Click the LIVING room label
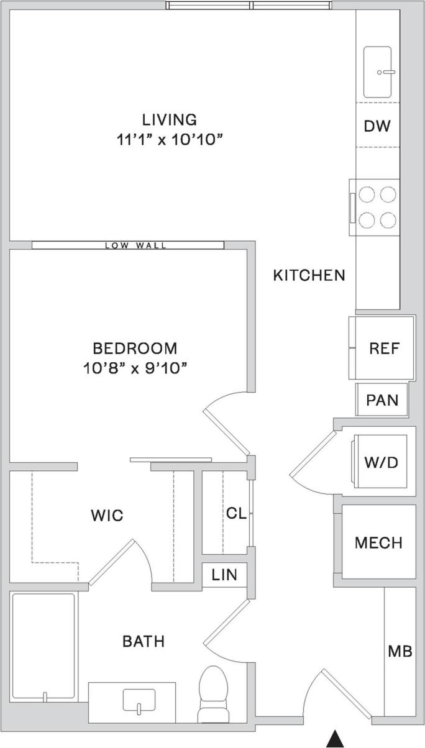point(169,119)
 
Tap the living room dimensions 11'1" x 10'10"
point(169,140)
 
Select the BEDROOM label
point(135,348)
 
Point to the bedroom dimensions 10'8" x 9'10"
point(135,368)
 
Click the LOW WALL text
point(135,245)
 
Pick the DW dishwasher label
point(377,126)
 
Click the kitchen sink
point(377,71)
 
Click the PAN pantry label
point(382,399)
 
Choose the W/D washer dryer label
point(381,462)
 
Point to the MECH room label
point(378,543)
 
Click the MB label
point(400,652)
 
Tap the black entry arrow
point(336,738)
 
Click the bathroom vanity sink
point(138,700)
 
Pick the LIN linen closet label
point(224,575)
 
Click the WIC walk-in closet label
point(107,515)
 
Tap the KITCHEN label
point(309,275)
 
